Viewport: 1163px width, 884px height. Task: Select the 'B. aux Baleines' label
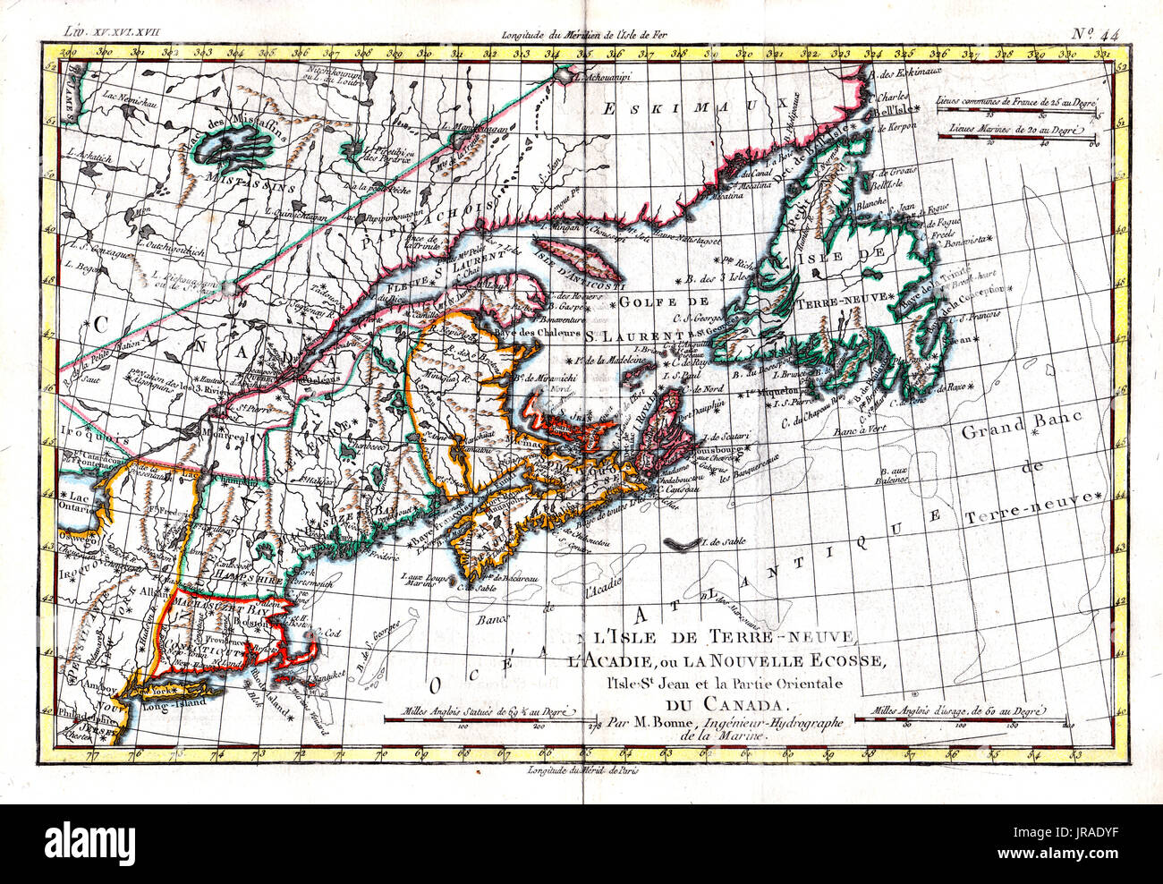point(893,474)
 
